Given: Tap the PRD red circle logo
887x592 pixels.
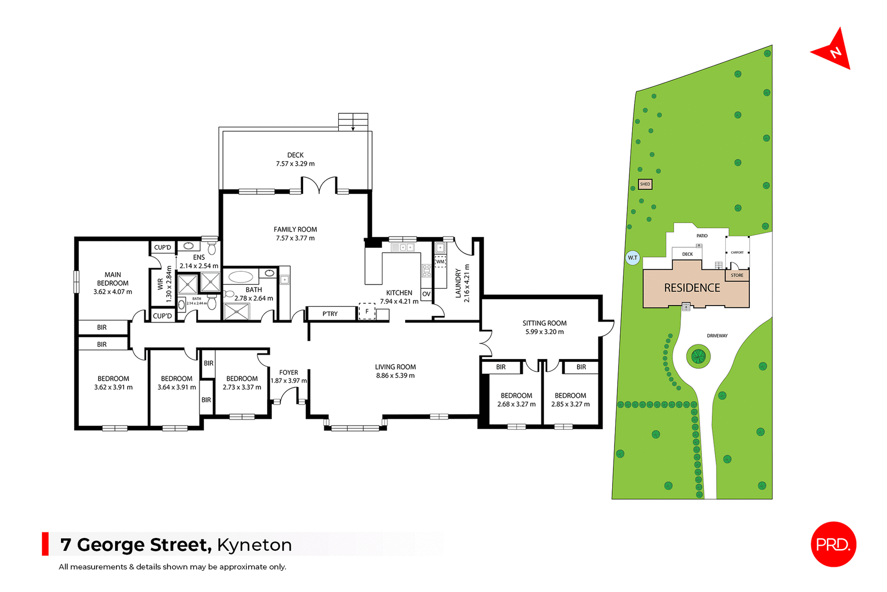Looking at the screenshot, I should pos(833,544).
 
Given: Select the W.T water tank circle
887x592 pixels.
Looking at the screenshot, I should pos(632,258).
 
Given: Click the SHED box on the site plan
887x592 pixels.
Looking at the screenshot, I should pos(645,184).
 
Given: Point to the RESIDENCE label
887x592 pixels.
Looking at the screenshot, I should pos(692,288).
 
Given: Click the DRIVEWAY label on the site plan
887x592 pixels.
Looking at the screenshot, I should pos(717,336).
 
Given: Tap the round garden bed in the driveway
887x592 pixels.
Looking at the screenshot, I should pos(698,356).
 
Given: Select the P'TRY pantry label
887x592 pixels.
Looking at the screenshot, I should pos(330,314).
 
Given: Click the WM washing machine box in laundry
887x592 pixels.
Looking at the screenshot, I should pos(440,262).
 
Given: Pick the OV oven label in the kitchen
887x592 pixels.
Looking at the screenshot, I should pos(426,294).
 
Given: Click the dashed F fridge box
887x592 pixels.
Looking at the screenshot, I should pos(367,311).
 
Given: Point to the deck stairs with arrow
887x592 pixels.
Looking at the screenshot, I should pos(353,122).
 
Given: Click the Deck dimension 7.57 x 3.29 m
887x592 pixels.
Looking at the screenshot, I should pos(295,164).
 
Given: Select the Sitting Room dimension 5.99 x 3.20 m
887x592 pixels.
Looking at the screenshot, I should pos(544,332).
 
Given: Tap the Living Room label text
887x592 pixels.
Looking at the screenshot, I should pos(395,367).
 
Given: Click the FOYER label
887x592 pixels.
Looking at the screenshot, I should pos(289,372).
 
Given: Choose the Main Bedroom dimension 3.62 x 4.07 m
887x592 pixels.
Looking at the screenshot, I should pos(113,292).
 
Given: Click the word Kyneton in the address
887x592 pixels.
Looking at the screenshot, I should pos(255,545).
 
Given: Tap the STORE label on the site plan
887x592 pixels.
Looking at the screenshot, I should pos(737,275).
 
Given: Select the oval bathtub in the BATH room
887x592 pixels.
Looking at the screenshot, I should pos(241,277).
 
